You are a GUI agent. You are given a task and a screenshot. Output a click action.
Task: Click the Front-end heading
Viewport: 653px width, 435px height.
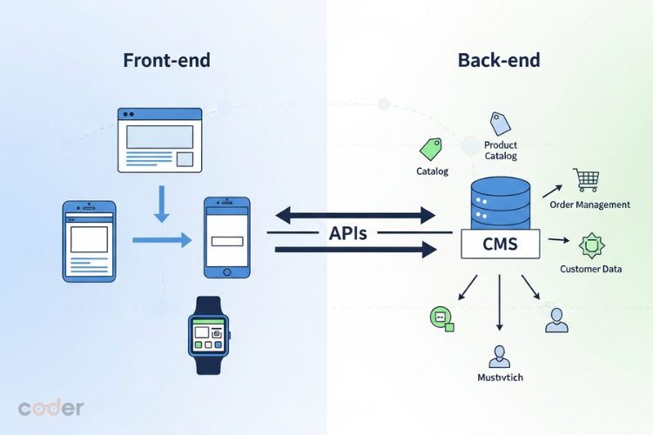[166, 61]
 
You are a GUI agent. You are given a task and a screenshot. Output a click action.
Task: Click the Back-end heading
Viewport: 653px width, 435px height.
[499, 61]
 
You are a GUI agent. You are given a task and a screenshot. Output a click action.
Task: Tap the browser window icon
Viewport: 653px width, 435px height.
[159, 139]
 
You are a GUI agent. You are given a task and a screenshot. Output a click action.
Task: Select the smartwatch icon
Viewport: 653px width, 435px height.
[207, 335]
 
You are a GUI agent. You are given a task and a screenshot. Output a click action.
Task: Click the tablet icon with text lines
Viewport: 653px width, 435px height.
[89, 241]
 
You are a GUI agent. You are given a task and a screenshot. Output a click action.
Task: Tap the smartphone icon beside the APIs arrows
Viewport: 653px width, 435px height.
[226, 238]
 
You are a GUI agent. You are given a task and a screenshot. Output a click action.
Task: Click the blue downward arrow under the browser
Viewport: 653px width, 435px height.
[160, 203]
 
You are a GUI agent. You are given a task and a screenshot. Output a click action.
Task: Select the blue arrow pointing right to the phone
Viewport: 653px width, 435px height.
[162, 239]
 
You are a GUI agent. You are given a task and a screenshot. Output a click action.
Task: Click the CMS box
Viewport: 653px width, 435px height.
[500, 244]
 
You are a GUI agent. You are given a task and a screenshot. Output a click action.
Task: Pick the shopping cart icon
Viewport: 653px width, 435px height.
[586, 180]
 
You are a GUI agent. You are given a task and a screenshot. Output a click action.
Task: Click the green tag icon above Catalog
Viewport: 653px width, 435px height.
[431, 148]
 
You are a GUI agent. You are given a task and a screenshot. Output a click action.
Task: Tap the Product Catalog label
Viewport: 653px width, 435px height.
[501, 151]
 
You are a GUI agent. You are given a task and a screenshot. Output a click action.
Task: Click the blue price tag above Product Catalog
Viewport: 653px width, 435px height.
[500, 123]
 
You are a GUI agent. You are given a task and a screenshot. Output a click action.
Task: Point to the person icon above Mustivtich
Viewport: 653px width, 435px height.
[499, 356]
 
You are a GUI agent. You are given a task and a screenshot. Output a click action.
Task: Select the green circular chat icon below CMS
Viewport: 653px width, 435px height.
[441, 318]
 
